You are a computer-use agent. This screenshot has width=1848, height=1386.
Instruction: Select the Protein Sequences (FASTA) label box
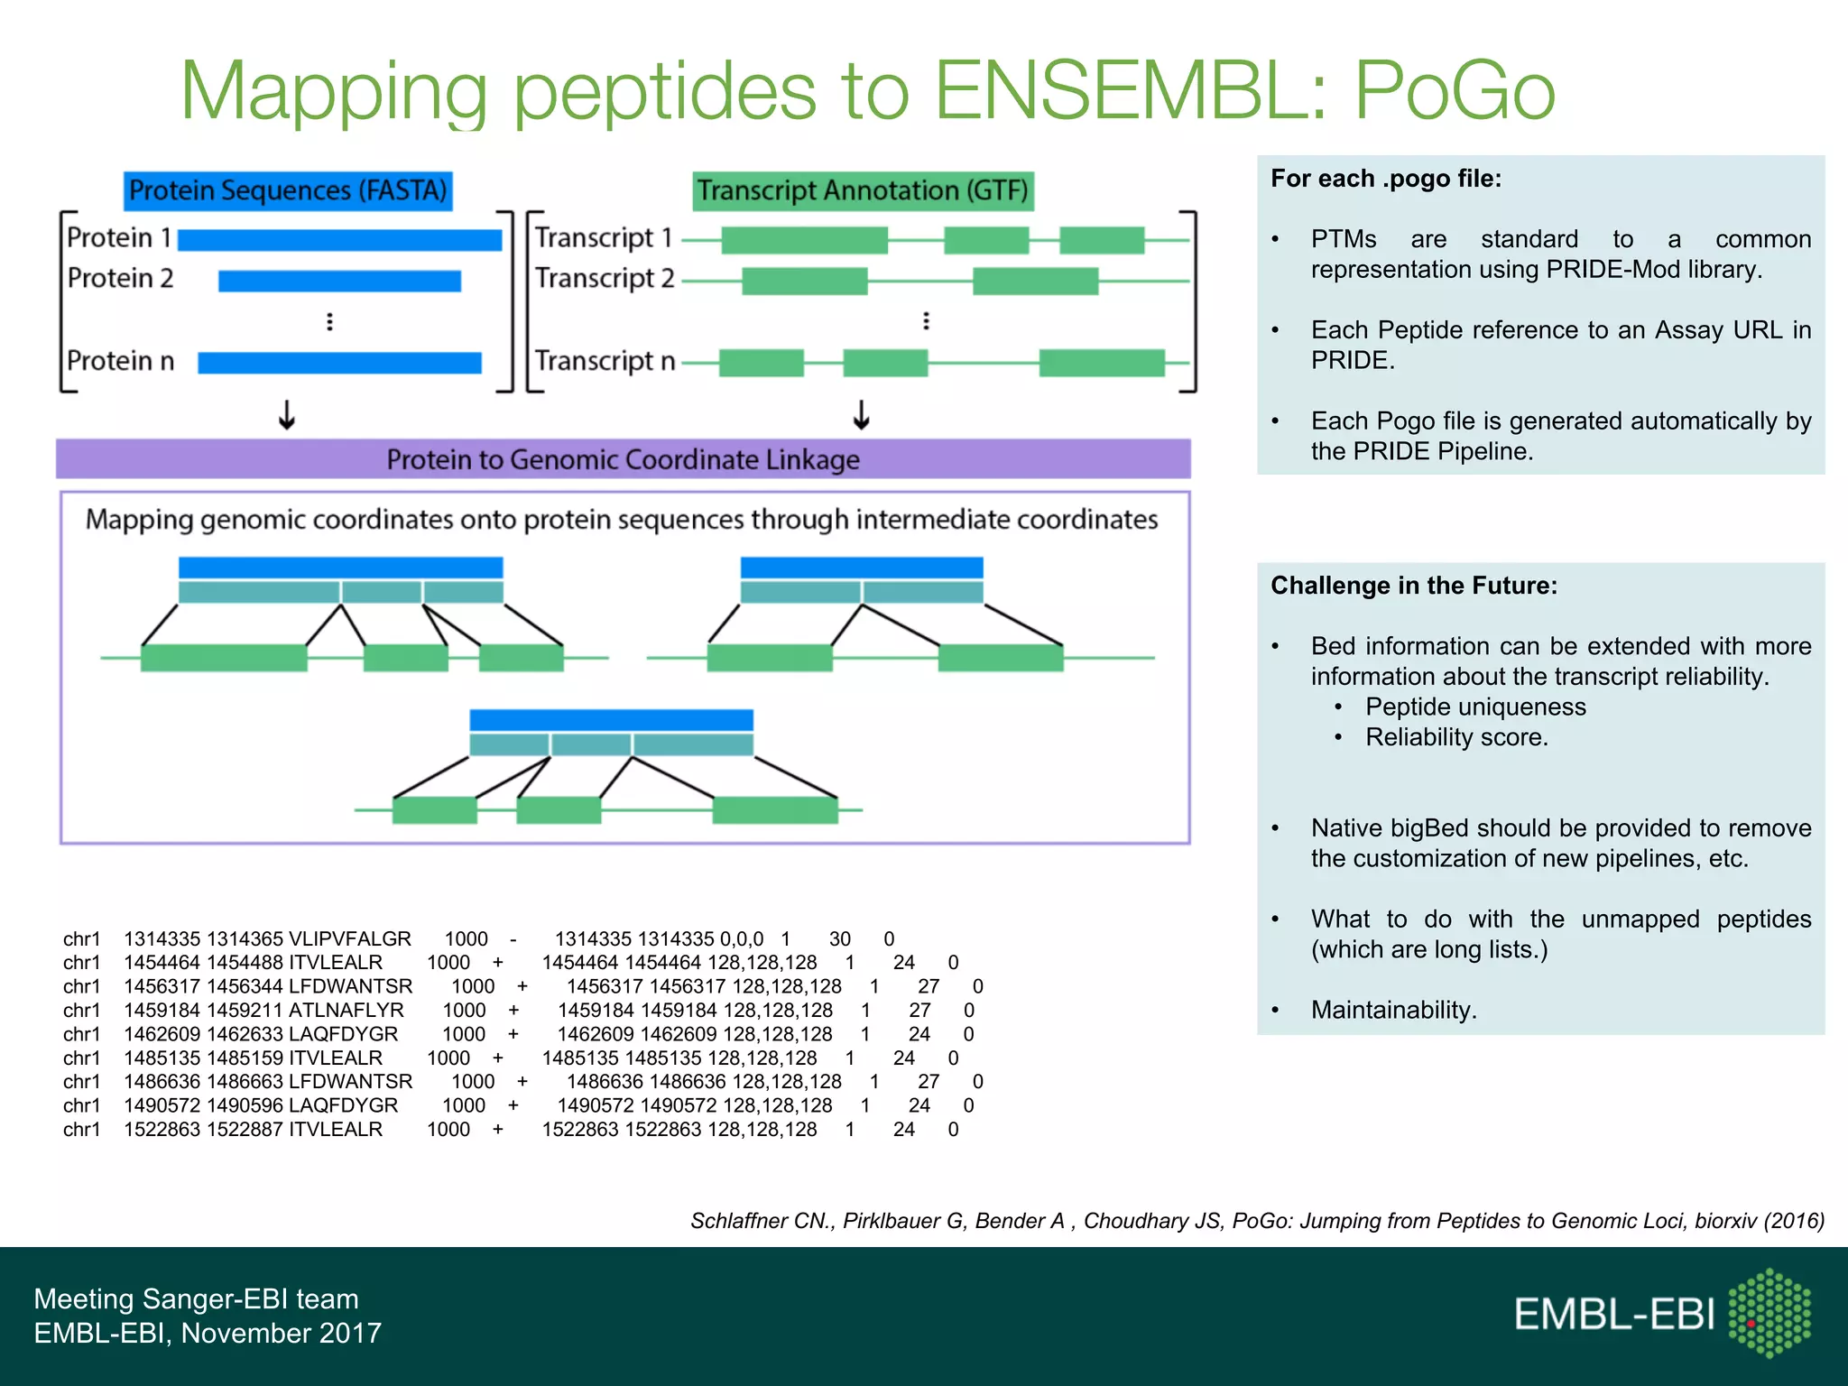288,190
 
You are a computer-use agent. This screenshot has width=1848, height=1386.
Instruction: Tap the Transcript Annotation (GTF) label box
863,190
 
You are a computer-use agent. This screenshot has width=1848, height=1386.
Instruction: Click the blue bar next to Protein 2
339,281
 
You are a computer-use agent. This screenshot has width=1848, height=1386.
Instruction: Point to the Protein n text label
121,361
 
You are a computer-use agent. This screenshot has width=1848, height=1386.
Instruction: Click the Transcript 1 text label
604,237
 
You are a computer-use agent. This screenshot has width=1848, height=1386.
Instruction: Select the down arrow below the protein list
287,415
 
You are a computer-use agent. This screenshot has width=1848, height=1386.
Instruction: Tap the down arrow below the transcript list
862,415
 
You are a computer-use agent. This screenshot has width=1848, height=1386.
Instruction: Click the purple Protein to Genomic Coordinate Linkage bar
623,459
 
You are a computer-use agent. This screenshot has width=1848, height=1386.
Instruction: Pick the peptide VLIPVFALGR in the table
349,938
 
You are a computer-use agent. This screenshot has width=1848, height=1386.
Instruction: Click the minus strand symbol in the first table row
513,938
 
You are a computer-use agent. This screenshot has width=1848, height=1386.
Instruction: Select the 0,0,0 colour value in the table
742,938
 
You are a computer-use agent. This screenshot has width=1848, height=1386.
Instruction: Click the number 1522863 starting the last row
162,1129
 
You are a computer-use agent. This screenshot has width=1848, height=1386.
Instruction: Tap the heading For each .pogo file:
1386,179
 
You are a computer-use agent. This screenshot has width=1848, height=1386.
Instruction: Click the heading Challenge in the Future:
1414,586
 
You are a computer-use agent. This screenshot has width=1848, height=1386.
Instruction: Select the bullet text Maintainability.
1393,1010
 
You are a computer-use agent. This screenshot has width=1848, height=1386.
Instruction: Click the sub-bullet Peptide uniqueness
1475,707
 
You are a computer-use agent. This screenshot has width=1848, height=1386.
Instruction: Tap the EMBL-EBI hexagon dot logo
1769,1313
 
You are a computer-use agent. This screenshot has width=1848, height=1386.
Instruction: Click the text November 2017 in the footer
282,1333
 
